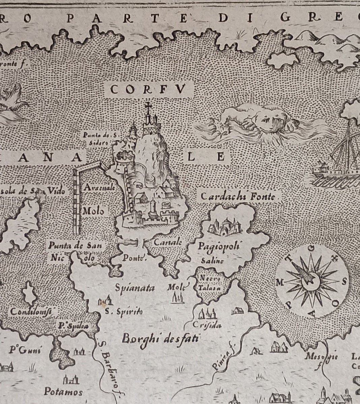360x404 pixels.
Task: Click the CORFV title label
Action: coord(148,90)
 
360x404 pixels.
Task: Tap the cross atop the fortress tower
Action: coord(147,106)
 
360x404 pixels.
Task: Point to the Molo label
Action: coord(93,212)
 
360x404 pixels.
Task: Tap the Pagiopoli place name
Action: coord(223,246)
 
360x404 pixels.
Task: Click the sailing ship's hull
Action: coord(334,172)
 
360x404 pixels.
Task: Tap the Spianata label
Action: coord(135,288)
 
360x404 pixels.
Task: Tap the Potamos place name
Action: coord(63,392)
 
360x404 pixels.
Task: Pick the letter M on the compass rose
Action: coord(279,282)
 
